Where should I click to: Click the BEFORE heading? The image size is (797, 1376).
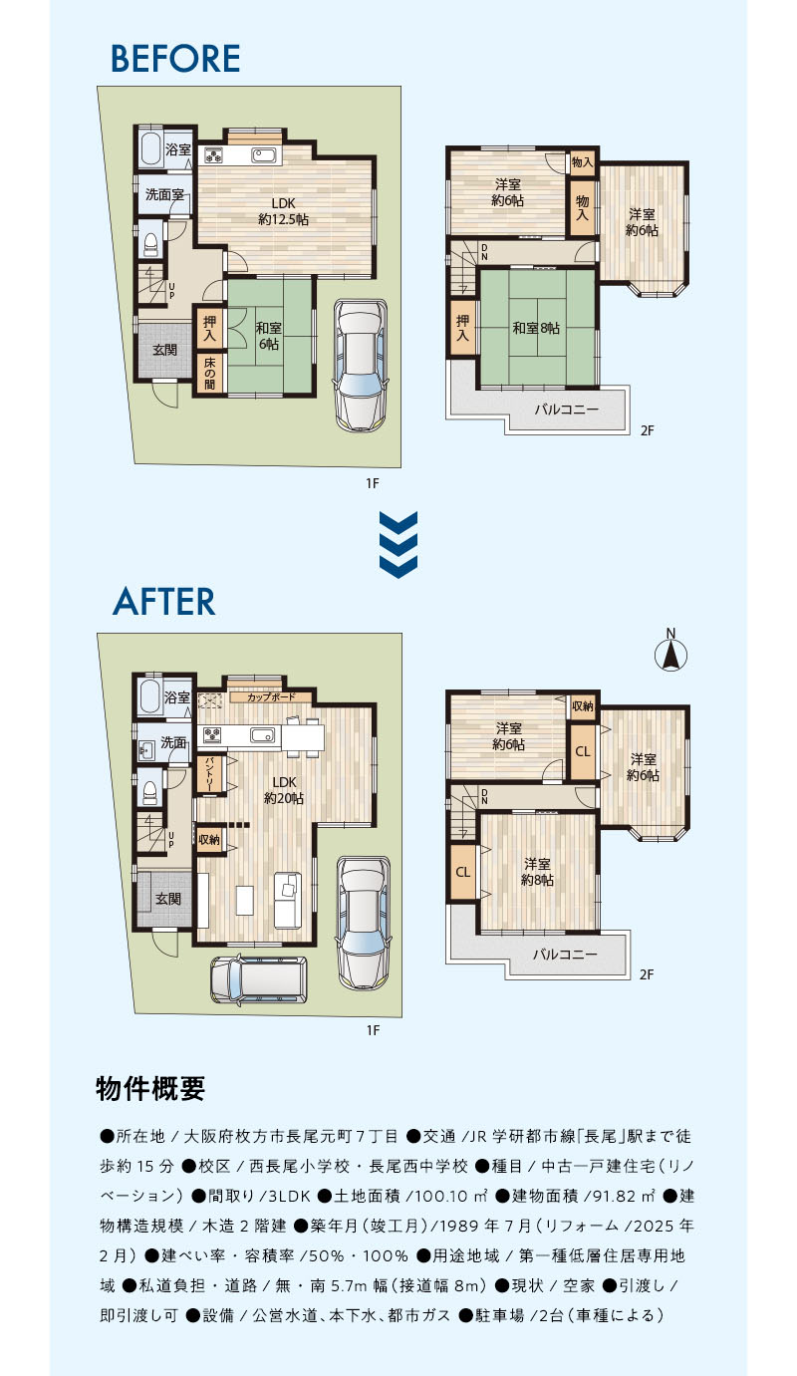tap(175, 59)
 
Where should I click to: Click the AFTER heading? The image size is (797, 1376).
tap(164, 601)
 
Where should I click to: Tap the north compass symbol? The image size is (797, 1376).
tap(670, 651)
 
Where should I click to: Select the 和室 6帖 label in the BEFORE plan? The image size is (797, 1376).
tap(268, 336)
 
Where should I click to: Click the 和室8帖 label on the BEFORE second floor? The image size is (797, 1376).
tap(536, 328)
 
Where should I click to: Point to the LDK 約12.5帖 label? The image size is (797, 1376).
tap(283, 211)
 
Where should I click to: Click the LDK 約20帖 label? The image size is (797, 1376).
tap(284, 790)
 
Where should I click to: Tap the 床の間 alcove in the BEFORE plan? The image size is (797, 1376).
tap(209, 373)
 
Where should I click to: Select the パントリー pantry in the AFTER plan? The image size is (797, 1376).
tap(210, 775)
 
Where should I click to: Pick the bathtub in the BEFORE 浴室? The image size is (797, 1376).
tap(150, 148)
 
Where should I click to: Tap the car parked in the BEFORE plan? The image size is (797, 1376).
tap(361, 365)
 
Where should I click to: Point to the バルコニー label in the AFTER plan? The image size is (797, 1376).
tap(564, 954)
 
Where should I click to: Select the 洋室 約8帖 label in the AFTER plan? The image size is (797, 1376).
tap(537, 872)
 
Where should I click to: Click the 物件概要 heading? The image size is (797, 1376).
tap(150, 1088)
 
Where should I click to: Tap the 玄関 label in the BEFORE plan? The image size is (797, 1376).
tap(164, 350)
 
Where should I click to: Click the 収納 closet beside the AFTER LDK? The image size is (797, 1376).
tap(209, 840)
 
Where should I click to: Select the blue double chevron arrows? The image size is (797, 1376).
tap(398, 544)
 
